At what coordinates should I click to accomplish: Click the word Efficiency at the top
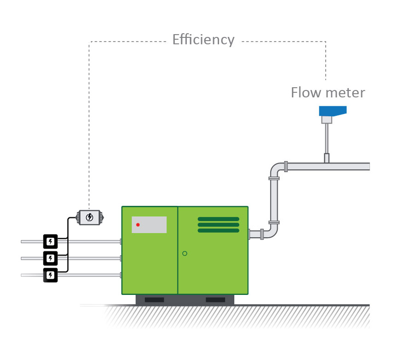203,40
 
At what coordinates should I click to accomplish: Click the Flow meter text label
328,93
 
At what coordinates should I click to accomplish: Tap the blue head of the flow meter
332,111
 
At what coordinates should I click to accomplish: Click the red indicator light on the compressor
138,225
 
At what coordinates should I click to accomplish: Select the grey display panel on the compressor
149,225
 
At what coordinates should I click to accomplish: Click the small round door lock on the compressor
185,253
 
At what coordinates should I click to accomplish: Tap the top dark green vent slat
218,219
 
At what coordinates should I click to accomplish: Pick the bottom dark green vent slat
218,230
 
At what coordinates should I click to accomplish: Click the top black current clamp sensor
50,241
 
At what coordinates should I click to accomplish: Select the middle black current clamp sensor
50,258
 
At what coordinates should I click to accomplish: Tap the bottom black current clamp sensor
50,275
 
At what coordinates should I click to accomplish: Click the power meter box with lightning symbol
89,217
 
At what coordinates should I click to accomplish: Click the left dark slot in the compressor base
154,300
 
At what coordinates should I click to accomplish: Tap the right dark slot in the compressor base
215,300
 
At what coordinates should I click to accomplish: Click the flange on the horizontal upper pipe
286,166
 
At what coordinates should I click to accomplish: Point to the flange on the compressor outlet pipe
262,234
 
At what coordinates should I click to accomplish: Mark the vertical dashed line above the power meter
89,129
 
